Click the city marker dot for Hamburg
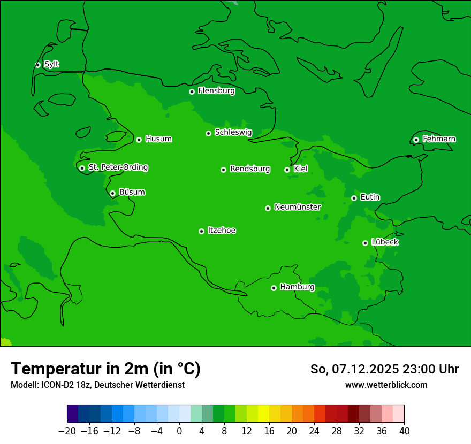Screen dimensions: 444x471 274,288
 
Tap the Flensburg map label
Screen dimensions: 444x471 216,91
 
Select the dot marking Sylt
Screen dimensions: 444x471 37,65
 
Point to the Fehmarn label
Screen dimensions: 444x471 439,139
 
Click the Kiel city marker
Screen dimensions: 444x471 287,170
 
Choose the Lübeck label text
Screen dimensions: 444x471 385,242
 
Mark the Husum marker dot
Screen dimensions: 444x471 139,140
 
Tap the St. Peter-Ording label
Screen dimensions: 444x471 118,167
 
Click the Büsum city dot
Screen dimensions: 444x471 112,193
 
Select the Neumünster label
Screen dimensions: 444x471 297,207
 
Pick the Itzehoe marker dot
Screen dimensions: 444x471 201,231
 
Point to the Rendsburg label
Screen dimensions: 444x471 249,169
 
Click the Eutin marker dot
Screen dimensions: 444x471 354,198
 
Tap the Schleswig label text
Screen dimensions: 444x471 233,132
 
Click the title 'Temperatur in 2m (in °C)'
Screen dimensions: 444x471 105,369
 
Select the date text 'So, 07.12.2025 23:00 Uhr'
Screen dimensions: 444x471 384,369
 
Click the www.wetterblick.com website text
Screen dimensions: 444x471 386,385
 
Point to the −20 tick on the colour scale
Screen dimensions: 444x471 67,431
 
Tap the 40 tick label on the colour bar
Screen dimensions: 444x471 404,431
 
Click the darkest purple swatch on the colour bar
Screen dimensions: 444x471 73,414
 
